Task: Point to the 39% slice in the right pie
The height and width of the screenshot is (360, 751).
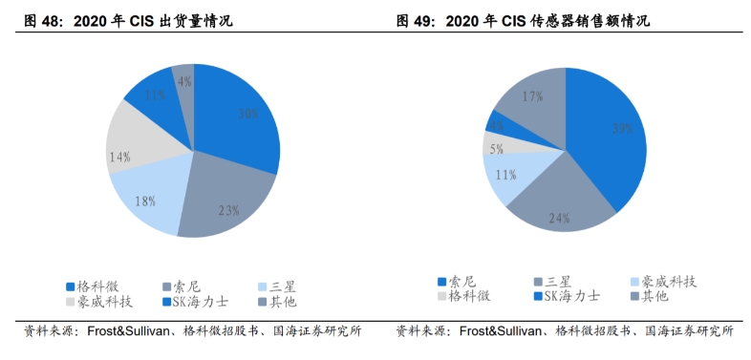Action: click(x=607, y=134)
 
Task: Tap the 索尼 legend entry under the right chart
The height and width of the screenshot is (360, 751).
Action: click(x=463, y=281)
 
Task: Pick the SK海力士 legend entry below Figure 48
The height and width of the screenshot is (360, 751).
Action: click(x=200, y=302)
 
